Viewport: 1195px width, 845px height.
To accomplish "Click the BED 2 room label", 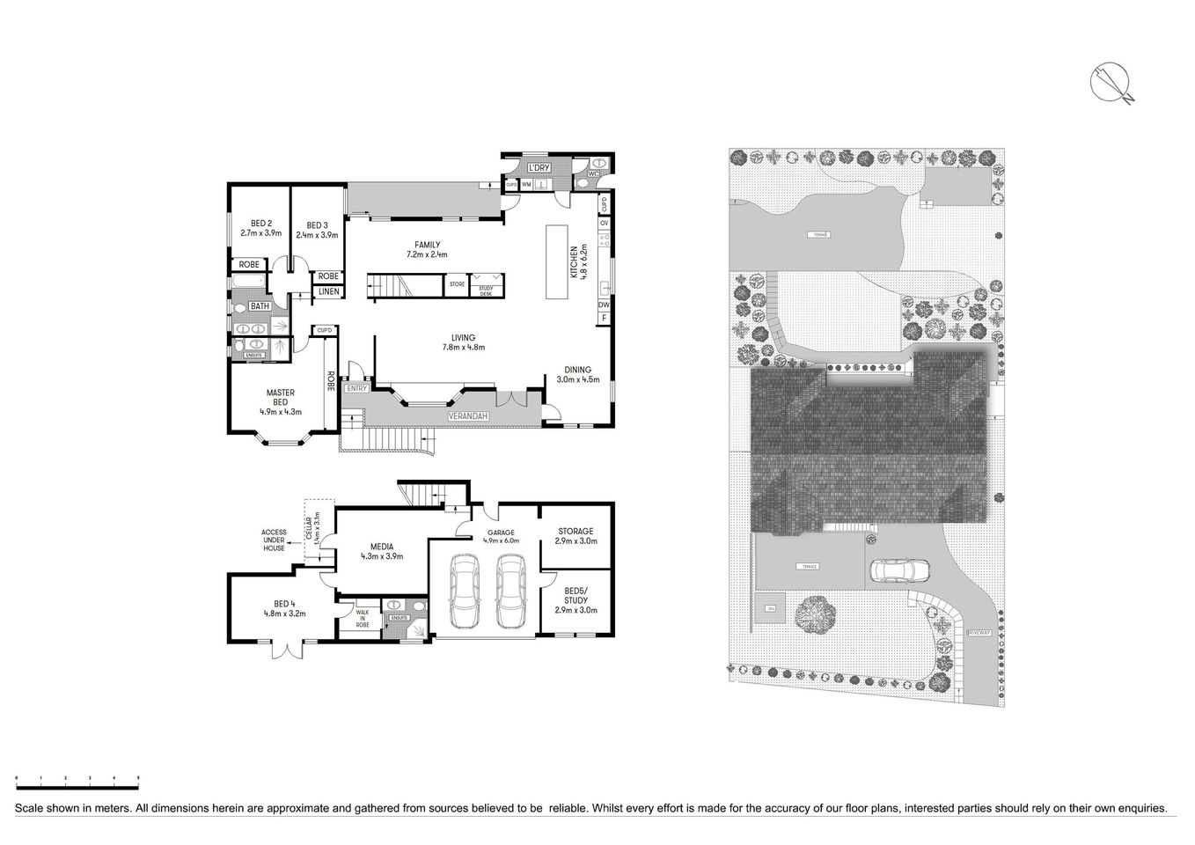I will [x=260, y=228].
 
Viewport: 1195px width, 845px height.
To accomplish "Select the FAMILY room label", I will [x=427, y=250].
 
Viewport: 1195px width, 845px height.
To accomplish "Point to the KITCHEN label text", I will [x=575, y=262].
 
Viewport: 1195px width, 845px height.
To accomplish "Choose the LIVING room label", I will [x=463, y=342].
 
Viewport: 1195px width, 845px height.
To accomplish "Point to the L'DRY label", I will [x=539, y=167].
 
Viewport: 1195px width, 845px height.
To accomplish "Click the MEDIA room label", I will [x=382, y=551].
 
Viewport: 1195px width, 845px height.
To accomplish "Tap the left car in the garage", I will [x=464, y=592].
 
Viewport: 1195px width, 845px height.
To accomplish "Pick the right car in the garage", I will [x=509, y=592].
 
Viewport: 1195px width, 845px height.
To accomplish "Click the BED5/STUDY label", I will [x=576, y=599].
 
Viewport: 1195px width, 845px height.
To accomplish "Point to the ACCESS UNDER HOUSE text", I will [x=273, y=540].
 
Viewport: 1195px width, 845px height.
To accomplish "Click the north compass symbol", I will [x=1112, y=84].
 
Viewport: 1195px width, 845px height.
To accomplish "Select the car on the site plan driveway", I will [x=900, y=571].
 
